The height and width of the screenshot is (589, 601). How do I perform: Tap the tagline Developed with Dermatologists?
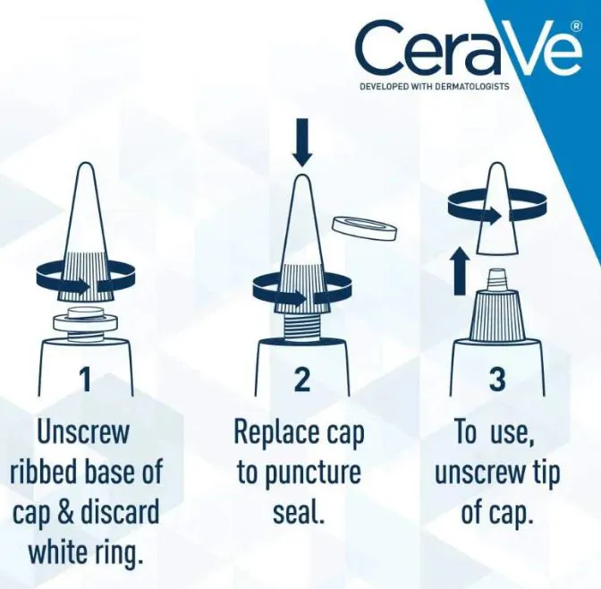coord(435,86)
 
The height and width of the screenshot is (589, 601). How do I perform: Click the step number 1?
coord(85,379)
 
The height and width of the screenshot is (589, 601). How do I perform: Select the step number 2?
coord(302,379)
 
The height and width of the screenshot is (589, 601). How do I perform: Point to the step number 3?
coord(497,379)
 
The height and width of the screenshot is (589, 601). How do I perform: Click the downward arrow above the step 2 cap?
coord(302,142)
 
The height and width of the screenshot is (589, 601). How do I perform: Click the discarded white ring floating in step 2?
coord(365,230)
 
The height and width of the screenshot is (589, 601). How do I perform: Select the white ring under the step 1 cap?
coord(84,323)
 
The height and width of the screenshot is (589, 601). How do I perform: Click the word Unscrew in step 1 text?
coord(83,432)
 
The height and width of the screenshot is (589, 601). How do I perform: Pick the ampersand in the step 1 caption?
coord(66,512)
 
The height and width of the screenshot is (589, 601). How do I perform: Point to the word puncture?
coord(313,474)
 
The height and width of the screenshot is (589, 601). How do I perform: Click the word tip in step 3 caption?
coord(545,474)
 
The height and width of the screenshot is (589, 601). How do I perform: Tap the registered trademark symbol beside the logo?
coord(578,26)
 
